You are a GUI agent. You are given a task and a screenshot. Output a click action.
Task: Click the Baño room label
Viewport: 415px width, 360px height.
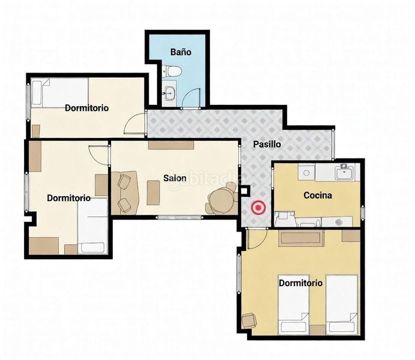(181, 52)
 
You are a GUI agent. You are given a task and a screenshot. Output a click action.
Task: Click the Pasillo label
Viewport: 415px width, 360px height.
(267, 144)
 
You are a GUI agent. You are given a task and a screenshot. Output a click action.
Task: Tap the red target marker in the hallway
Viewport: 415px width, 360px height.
(258, 208)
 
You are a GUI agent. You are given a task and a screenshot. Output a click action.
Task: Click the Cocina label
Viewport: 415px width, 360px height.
(318, 196)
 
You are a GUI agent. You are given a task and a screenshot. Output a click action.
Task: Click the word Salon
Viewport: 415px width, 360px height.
(175, 178)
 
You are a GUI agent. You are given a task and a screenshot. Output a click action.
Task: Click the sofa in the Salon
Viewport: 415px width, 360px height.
(125, 193)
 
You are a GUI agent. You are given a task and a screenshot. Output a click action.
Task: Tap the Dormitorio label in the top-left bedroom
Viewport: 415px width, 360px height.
(86, 108)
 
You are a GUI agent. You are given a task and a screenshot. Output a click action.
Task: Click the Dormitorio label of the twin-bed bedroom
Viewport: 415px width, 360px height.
(300, 283)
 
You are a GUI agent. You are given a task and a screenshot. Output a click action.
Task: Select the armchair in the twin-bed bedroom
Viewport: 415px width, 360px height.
(249, 320)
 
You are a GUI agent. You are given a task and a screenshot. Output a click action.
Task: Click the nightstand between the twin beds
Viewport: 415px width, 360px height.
(317, 330)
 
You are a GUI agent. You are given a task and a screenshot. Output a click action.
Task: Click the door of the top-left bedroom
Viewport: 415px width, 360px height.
(134, 124)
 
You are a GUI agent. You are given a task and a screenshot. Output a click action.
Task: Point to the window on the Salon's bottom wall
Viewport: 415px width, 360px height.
(179, 218)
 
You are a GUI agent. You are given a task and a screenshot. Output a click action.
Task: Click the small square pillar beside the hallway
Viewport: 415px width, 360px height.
(244, 190)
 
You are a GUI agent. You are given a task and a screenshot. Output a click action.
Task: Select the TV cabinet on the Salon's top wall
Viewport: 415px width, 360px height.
(171, 145)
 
